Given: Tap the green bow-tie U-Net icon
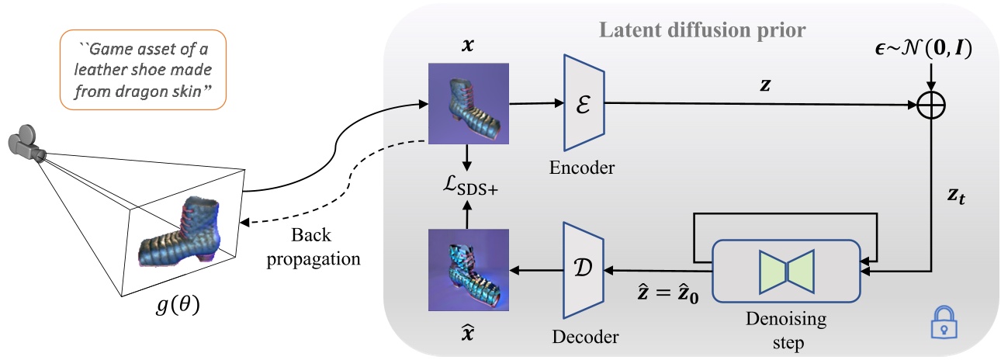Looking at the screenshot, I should (786, 268).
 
